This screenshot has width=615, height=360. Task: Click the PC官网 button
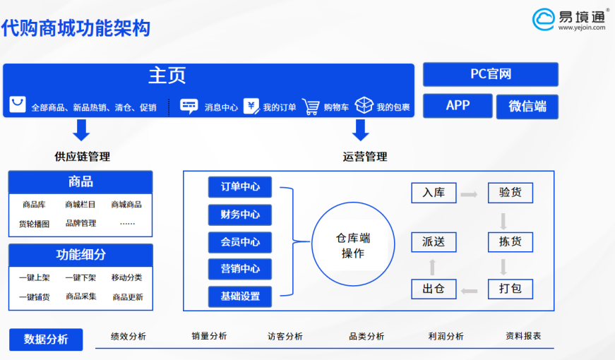490,74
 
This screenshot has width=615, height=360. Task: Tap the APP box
458,105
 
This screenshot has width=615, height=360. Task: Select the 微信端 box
527,107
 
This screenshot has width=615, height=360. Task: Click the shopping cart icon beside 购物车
311,107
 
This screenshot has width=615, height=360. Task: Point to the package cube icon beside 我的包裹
364,105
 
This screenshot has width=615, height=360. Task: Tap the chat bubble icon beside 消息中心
189,107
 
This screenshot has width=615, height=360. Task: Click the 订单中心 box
240,187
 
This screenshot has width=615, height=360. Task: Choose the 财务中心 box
240,215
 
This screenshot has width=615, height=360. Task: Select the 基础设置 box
240,296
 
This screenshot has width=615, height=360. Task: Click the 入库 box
434,193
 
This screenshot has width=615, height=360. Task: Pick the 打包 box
510,289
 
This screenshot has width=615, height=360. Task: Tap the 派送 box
434,242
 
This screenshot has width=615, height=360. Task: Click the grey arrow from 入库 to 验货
469,194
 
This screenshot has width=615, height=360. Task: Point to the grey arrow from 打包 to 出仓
469,291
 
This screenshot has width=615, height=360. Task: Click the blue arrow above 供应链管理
82,130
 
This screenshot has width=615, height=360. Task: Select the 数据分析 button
46,340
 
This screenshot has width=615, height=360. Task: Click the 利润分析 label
446,336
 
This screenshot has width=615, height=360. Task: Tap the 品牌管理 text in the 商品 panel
80,223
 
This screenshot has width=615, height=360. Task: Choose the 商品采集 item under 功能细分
81,296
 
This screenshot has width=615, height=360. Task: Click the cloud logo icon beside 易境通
544,19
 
